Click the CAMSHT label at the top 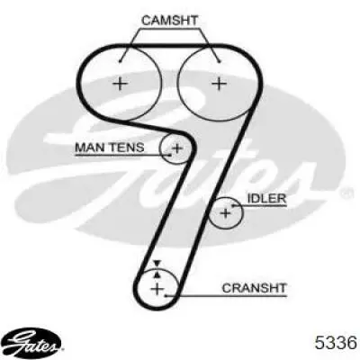point(169,21)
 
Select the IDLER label point(266,198)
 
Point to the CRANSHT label point(255,288)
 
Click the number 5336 point(336,342)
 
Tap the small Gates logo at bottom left point(33,343)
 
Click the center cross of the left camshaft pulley point(121,83)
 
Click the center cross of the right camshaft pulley point(219,83)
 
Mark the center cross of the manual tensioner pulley point(177,148)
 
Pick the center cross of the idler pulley point(225,213)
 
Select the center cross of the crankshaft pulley point(157,289)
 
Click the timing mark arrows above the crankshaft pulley point(157,269)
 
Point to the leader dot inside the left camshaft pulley point(120,62)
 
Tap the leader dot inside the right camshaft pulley point(220,62)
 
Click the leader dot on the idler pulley point(233,206)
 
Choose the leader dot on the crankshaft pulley point(166,295)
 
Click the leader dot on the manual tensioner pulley point(170,155)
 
